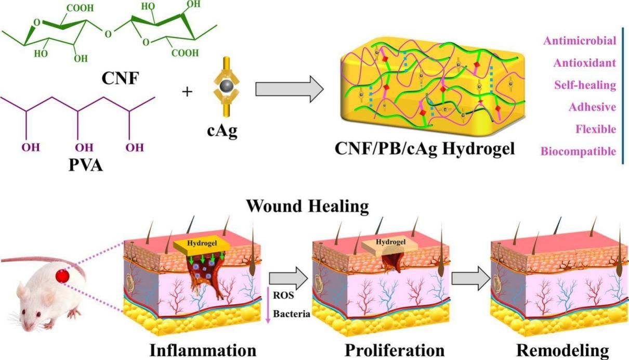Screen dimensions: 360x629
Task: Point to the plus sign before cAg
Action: tap(187, 93)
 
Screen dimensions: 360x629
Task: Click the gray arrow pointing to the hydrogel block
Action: tap(289, 89)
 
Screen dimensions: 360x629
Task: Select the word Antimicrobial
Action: tap(580, 41)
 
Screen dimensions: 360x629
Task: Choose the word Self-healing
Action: tap(585, 85)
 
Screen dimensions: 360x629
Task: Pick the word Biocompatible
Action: tap(579, 151)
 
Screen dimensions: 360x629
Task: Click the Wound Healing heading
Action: tap(307, 206)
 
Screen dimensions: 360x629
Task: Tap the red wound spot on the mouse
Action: tap(64, 276)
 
